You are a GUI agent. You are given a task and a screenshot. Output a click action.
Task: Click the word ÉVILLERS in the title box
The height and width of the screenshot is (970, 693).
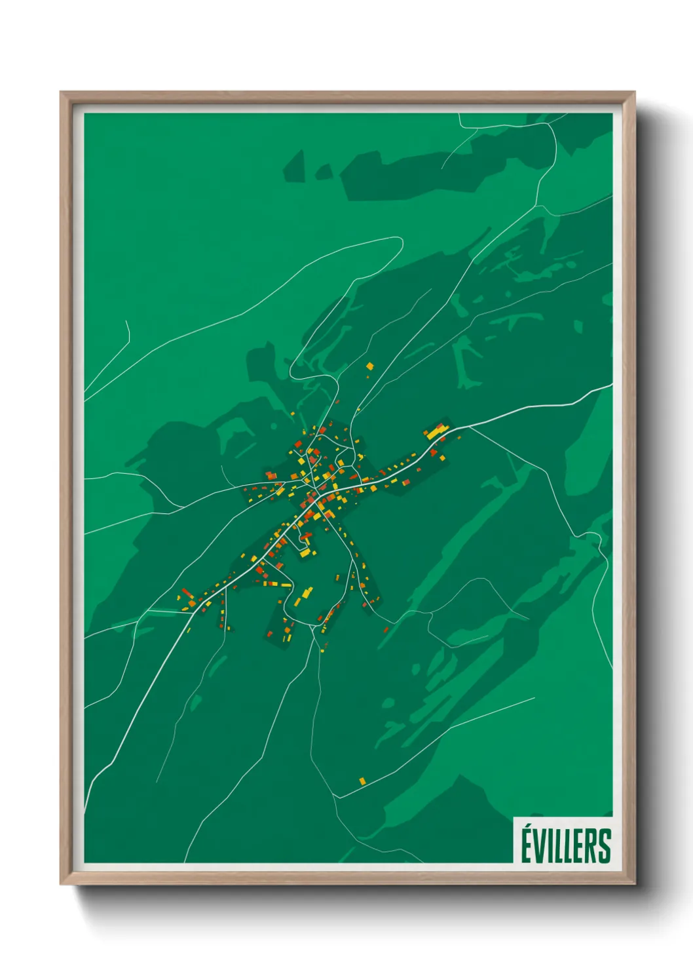pyautogui.click(x=566, y=845)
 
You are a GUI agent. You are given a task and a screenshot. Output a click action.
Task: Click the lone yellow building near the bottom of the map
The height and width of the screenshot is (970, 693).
pyautogui.click(x=362, y=781)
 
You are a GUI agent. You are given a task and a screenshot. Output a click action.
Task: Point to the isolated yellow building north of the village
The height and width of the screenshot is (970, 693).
pyautogui.click(x=369, y=366)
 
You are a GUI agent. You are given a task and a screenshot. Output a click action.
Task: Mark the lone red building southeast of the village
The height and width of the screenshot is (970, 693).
pyautogui.click(x=386, y=630)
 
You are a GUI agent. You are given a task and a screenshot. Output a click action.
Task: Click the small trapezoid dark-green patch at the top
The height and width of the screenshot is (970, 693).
pyautogui.click(x=295, y=167)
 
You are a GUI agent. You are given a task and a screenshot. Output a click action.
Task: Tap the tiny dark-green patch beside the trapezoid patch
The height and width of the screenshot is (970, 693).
pyautogui.click(x=324, y=172)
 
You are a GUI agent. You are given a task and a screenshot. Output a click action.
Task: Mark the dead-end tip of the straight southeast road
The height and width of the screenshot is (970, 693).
pyautogui.click(x=534, y=699)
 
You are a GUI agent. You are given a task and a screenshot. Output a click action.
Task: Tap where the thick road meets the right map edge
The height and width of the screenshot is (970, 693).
pyautogui.click(x=611, y=385)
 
